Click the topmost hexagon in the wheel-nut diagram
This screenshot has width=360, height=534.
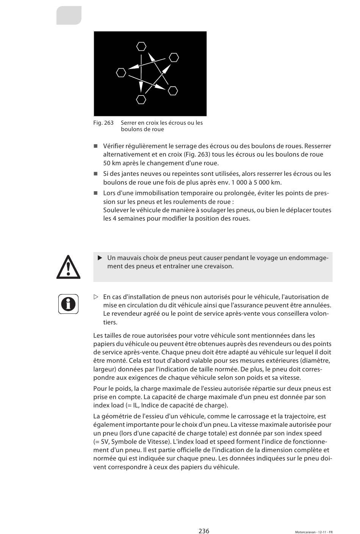coord(141,47)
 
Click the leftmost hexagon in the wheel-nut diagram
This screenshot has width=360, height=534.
coord(121,72)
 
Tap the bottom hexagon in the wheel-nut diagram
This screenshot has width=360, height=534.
coord(141,100)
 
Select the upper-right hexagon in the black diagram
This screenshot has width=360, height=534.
coord(174,58)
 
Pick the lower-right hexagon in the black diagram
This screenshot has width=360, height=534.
coord(173,91)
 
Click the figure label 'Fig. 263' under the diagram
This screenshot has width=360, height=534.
coord(103,123)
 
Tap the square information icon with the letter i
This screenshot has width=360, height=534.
coord(68,304)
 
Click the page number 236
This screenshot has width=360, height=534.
coord(204,531)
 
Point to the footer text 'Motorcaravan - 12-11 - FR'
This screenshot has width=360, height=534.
coord(314,532)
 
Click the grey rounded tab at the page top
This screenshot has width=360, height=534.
coord(69,16)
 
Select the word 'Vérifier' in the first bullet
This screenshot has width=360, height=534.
coord(114,146)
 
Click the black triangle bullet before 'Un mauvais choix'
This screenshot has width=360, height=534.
coord(100,258)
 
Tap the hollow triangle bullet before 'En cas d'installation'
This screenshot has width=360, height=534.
coord(96,297)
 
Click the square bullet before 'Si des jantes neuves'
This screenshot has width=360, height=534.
coord(95,174)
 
